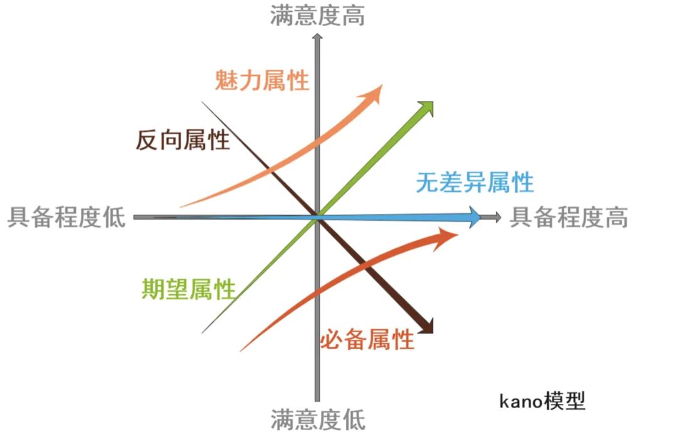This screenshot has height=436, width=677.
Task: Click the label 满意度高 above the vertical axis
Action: (x=317, y=16)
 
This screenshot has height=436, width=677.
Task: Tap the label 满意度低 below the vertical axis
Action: (x=318, y=419)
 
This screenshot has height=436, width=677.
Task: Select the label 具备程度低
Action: (x=66, y=217)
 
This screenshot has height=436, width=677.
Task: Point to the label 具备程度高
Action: (x=569, y=217)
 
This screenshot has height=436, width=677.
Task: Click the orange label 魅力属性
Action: (x=262, y=80)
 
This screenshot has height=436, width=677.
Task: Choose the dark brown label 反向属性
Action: (x=183, y=139)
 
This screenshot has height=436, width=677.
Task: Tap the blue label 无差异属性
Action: (x=475, y=182)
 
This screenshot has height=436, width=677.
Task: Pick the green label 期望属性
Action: (x=189, y=289)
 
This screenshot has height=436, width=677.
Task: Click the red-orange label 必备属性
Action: (x=367, y=339)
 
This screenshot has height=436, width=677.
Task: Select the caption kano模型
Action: (x=542, y=401)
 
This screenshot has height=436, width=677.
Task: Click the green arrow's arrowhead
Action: (x=426, y=109)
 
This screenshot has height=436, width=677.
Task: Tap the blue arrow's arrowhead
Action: (x=475, y=217)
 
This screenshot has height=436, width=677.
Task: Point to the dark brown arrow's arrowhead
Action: (x=426, y=326)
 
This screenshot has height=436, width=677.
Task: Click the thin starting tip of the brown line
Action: (x=202, y=102)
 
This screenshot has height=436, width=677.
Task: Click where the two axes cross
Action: (x=317, y=217)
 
